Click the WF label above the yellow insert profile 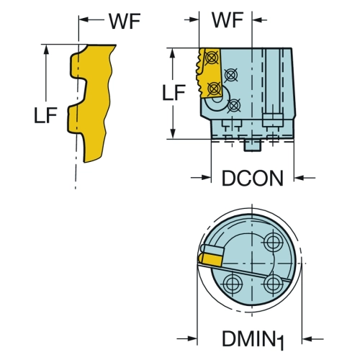125,21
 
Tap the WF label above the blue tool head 228,20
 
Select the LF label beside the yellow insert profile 45,115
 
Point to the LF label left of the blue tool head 174,93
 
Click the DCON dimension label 253,179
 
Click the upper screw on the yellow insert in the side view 211,58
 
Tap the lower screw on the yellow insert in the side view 214,89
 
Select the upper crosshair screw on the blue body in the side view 231,75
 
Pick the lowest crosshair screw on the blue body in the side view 234,105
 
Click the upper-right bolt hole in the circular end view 273,241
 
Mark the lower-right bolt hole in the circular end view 273,284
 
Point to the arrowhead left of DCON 207,178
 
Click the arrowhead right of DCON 299,178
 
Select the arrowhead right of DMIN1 307,339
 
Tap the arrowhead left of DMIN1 192,338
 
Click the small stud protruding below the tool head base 252,145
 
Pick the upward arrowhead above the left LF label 46,50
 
